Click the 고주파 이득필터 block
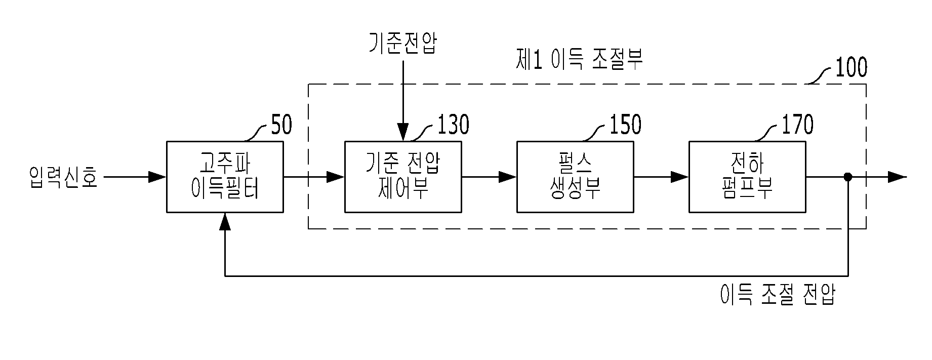[225, 177]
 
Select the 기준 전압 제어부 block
[403, 177]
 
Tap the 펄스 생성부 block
[575, 177]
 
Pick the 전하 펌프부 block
[747, 177]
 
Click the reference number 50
[281, 126]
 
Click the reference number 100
[850, 68]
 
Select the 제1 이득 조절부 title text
[579, 60]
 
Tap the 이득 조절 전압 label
[778, 294]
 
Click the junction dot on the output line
[848, 177]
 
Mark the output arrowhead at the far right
[897, 177]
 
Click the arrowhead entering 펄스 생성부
[508, 177]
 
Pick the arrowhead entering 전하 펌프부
[680, 177]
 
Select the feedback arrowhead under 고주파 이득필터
[225, 221]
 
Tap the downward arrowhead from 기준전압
[403, 133]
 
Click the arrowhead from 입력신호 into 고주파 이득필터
[158, 177]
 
